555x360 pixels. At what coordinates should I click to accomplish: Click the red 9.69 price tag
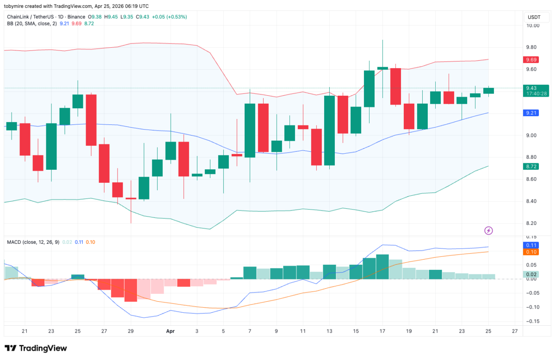tap(530, 60)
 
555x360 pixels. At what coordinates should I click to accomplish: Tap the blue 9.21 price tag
tap(530, 112)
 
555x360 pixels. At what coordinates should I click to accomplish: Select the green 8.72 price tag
tap(530, 166)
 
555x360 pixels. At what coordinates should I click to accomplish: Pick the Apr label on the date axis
tap(170, 331)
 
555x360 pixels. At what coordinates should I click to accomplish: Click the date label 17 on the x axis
tap(382, 331)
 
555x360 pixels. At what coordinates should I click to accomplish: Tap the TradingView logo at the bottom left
tap(36, 348)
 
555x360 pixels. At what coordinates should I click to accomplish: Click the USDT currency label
tap(534, 17)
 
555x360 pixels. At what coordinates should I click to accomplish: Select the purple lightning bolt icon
tap(488, 230)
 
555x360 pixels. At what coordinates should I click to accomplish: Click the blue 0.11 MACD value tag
tap(530, 245)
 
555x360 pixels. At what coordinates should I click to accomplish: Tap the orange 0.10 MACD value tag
tap(530, 252)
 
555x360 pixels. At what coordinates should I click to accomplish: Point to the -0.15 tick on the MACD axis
tap(532, 321)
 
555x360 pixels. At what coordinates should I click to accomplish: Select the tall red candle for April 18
tap(395, 87)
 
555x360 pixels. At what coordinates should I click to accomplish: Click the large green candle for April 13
tap(329, 130)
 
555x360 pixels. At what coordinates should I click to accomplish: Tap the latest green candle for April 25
tap(488, 91)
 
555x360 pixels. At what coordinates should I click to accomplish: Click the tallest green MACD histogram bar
tap(382, 267)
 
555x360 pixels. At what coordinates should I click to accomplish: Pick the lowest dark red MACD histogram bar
tap(130, 290)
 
